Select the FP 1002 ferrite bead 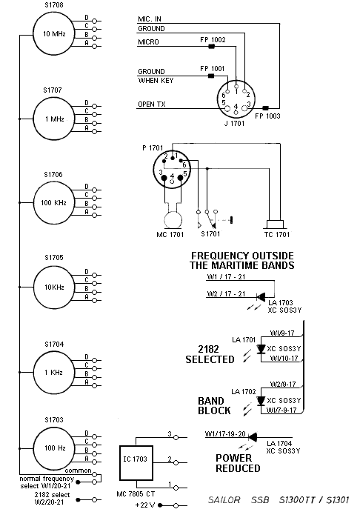pyautogui.click(x=211, y=47)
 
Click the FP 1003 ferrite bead pyautogui.click(x=266, y=108)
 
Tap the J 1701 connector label pyautogui.click(x=234, y=124)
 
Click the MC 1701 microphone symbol pyautogui.click(x=173, y=220)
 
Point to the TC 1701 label pyautogui.click(x=277, y=234)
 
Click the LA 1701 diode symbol pyautogui.click(x=261, y=349)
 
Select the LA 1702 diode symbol pyautogui.click(x=261, y=401)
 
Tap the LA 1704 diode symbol pyautogui.click(x=253, y=437)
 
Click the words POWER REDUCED pyautogui.click(x=239, y=463)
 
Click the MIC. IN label pyautogui.click(x=150, y=19)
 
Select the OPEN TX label pyautogui.click(x=152, y=104)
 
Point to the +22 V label pyautogui.click(x=145, y=505)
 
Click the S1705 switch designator pyautogui.click(x=54, y=258)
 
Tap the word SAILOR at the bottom pyautogui.click(x=224, y=500)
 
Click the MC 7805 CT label pyautogui.click(x=136, y=494)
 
